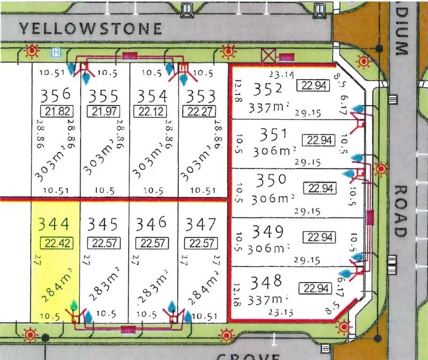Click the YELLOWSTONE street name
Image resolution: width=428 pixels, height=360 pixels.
pos(91,29)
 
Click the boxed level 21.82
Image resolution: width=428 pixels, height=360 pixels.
pos(55,112)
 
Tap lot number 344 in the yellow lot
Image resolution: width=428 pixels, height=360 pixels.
pos(54,224)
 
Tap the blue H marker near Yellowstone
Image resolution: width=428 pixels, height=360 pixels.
pos(57,52)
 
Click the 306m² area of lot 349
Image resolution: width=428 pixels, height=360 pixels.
pos(269,247)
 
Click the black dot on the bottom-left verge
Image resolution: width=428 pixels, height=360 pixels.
pos(46,337)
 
